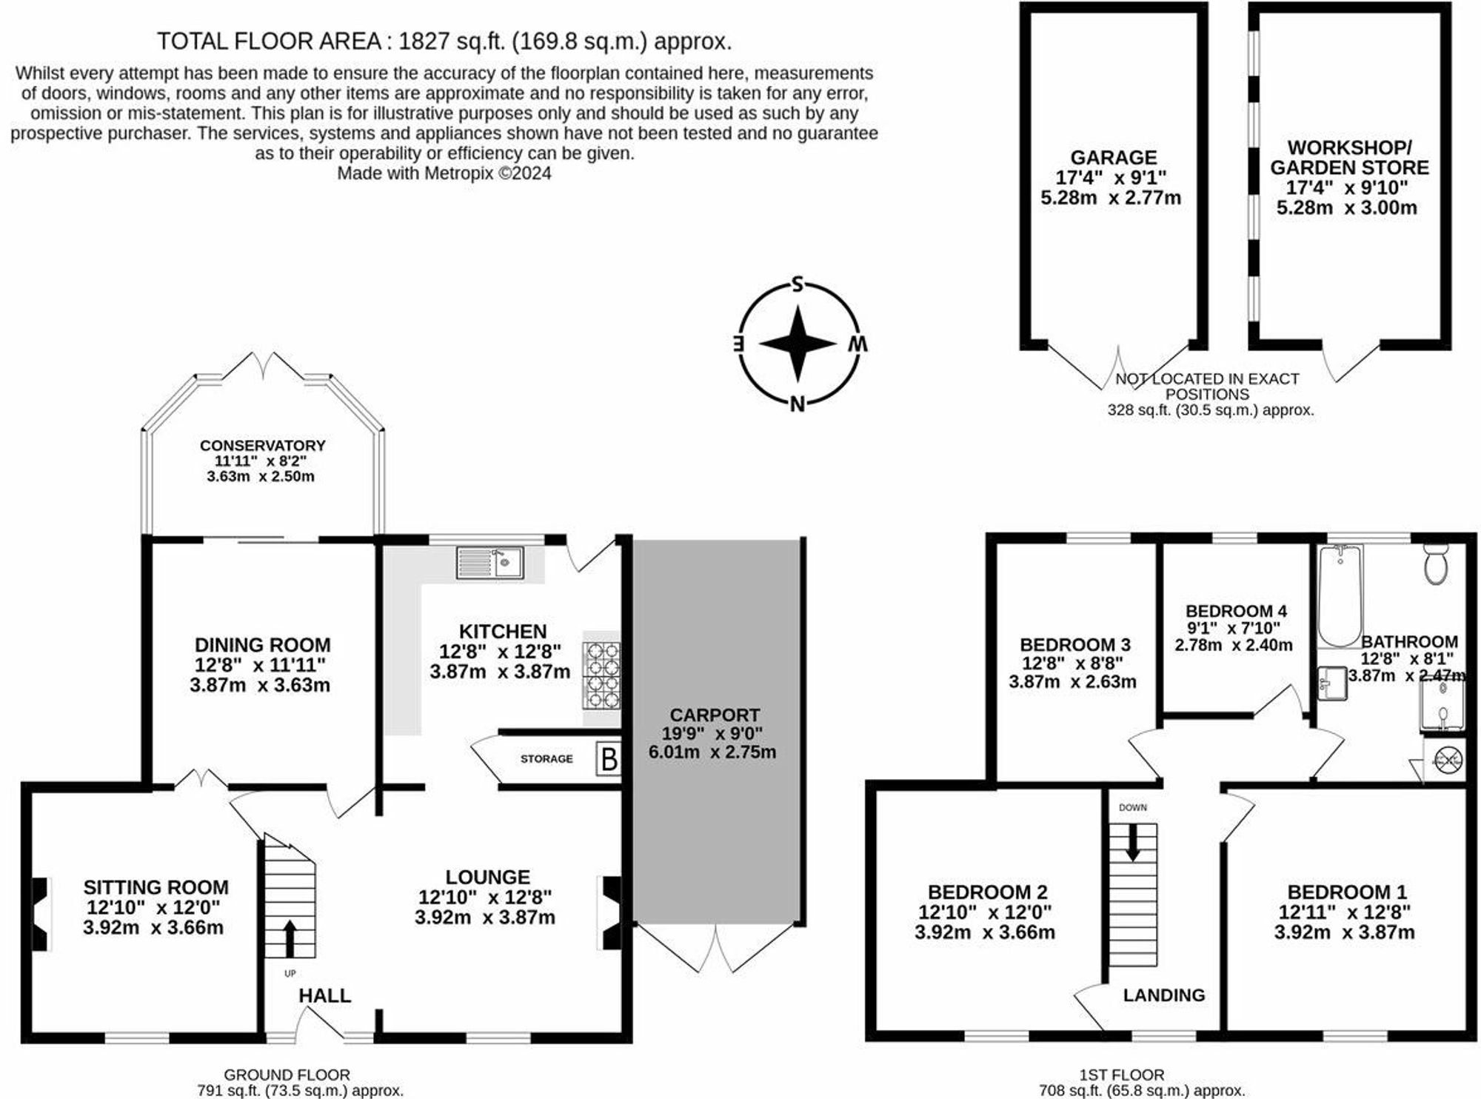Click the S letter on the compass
point(798,285)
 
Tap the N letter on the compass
point(798,404)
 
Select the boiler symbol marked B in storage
point(609,760)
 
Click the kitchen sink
point(490,563)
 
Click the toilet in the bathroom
point(1436,565)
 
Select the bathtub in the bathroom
point(1340,596)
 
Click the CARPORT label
point(715,715)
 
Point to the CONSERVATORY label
point(262,446)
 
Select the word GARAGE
point(1113,158)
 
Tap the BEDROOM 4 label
point(1235,611)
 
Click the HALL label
point(324,996)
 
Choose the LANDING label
point(1163,995)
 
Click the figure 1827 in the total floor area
point(424,41)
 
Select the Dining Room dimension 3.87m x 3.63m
point(260,685)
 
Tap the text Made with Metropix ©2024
point(444,173)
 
